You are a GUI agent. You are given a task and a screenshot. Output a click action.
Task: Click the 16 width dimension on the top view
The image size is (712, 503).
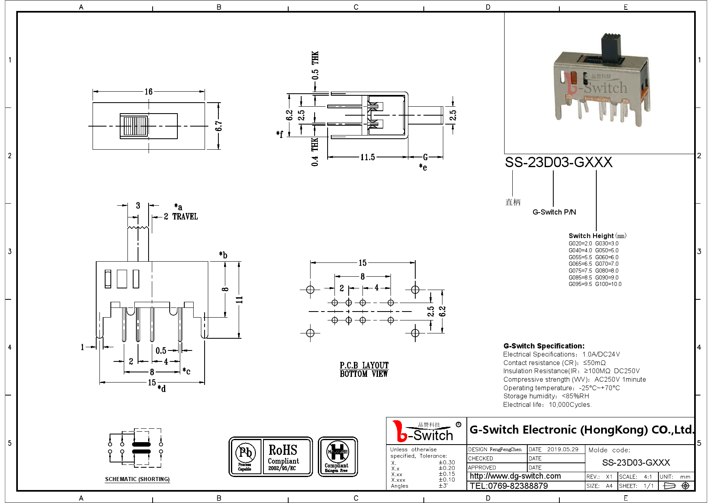[x=149, y=92]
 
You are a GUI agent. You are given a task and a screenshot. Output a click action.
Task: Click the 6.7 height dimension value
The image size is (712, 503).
[x=219, y=126]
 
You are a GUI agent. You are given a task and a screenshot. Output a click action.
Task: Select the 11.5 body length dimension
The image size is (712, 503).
[x=367, y=157]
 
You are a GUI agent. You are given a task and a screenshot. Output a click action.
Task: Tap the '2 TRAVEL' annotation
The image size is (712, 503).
[x=181, y=217]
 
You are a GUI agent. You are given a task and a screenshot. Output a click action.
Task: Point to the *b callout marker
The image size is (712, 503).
[x=223, y=255]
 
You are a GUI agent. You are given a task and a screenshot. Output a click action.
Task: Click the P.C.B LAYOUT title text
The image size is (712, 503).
[x=364, y=365]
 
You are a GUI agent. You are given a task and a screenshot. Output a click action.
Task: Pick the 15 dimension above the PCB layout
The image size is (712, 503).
[x=362, y=263]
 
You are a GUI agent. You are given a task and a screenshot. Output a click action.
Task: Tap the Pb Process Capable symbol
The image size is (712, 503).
[x=245, y=457]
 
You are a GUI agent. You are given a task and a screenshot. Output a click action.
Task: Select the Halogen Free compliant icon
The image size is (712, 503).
[x=338, y=457]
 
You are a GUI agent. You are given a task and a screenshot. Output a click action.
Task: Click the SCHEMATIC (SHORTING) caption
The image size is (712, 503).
[x=137, y=479]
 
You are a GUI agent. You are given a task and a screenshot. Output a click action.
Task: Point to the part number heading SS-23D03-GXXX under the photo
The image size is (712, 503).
[x=558, y=162]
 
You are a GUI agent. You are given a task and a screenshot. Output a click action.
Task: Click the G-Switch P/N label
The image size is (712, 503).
[x=554, y=212]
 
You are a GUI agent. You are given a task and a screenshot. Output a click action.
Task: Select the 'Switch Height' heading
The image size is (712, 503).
[x=591, y=236]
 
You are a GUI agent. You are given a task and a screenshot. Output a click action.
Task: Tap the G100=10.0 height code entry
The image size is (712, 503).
[x=608, y=284]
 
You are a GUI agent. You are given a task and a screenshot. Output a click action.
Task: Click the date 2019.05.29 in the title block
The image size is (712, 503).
[x=563, y=449]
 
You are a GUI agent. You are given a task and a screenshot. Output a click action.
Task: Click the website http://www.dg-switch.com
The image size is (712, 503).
[x=515, y=476]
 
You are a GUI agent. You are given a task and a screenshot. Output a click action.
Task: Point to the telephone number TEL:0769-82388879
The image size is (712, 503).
[x=509, y=486]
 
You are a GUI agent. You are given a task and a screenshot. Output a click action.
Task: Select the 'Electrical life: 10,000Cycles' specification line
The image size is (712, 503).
[x=547, y=404]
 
